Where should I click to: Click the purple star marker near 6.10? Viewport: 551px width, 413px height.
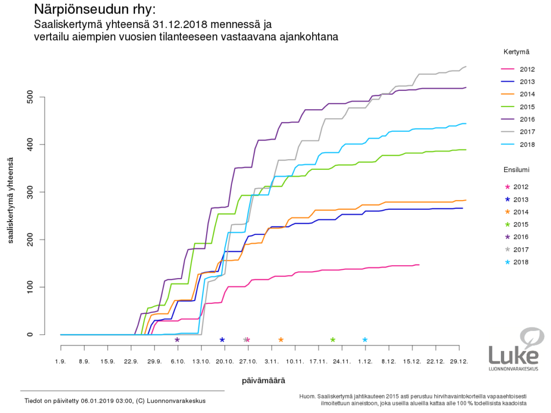point(177,340)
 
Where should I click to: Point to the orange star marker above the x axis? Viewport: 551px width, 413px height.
point(281,340)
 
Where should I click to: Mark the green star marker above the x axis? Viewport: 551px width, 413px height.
point(333,340)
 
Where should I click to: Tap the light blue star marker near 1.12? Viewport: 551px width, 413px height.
point(365,340)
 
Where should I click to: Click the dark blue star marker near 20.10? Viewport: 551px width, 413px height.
point(222,340)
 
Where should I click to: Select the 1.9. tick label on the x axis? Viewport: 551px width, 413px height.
point(61,362)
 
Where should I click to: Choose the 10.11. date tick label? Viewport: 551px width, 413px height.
point(295,362)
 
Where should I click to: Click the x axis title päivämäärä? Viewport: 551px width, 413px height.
point(263,380)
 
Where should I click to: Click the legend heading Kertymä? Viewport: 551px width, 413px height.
point(517,52)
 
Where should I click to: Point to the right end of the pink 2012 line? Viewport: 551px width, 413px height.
point(419,265)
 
